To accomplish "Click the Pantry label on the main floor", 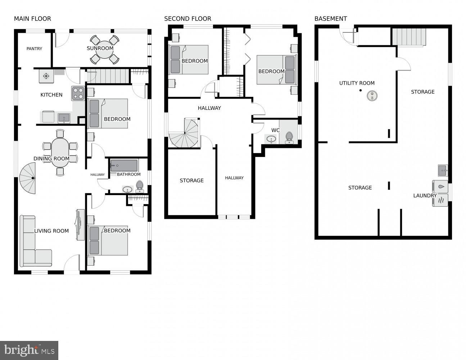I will point(34,49).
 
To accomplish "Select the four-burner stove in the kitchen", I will point(78,93).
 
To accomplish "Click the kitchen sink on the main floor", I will point(64,117).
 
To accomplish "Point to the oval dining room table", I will point(60,152).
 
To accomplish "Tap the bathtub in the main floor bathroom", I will point(124,166).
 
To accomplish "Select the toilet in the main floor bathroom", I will point(140,186).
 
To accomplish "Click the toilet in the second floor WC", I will point(289,137).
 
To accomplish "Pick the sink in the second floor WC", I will point(271,139).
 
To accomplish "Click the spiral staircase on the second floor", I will point(185,134).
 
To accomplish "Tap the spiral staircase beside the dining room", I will point(28,178).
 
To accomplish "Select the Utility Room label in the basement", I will point(357,83).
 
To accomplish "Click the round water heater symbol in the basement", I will point(372,96).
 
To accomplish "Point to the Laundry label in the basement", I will point(425,195).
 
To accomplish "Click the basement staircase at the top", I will point(409,37).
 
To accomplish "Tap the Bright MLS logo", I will point(29,350).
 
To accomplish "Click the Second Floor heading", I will point(187,19).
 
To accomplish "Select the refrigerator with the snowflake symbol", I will point(46,76).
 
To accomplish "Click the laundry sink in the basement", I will point(443,169).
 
